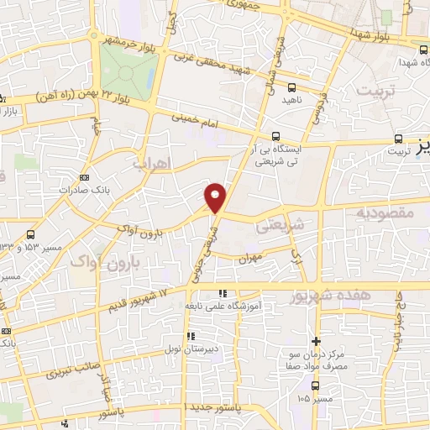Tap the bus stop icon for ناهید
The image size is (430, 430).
click(x=291, y=87)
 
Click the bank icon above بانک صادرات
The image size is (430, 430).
click(x=84, y=177)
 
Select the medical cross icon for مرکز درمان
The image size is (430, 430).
click(x=316, y=341)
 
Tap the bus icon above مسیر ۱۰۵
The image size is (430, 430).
click(x=315, y=385)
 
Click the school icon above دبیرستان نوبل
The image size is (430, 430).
click(x=191, y=336)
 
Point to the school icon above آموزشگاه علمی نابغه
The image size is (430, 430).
click(x=223, y=293)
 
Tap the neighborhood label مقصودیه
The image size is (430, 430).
click(x=386, y=214)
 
